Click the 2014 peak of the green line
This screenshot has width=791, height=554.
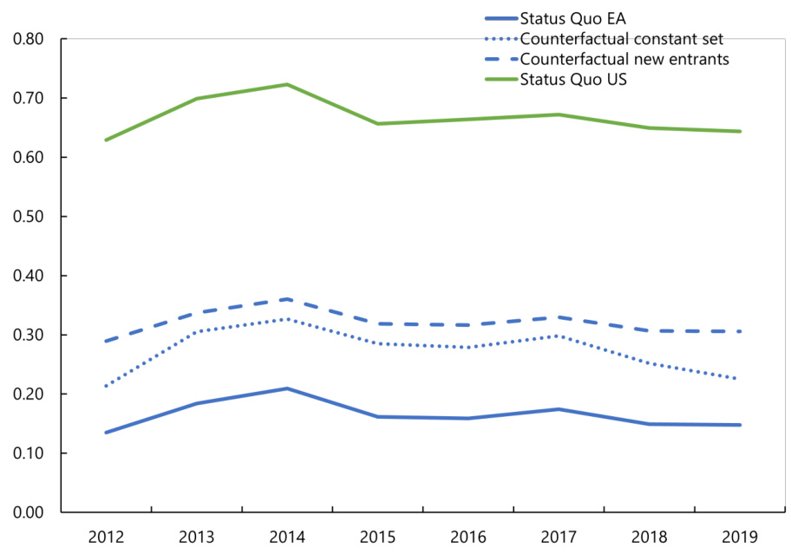click(287, 84)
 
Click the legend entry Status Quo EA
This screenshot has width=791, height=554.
click(572, 19)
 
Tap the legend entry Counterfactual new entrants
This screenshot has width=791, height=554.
click(624, 59)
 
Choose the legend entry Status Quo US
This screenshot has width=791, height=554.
click(572, 80)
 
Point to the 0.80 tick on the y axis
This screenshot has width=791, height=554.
click(29, 39)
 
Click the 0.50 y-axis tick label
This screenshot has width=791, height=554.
click(29, 217)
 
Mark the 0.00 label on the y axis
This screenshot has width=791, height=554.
click(29, 512)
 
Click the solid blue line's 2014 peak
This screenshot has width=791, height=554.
click(287, 388)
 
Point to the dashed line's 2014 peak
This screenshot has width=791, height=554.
click(287, 299)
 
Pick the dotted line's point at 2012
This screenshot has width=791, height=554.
click(106, 386)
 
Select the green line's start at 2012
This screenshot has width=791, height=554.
click(106, 140)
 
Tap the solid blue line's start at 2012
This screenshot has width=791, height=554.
click(106, 432)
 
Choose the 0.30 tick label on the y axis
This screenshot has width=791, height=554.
click(29, 335)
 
